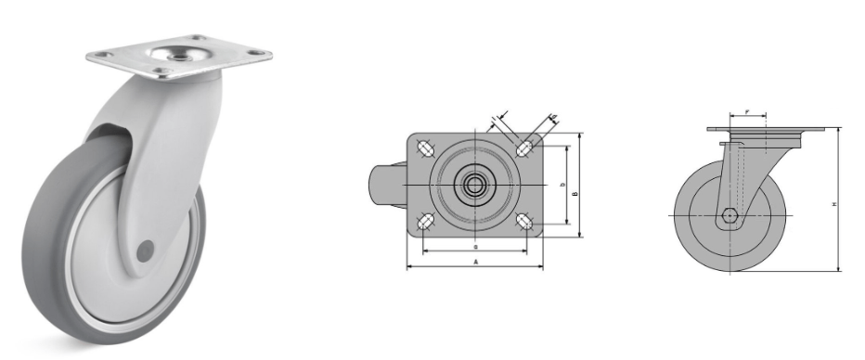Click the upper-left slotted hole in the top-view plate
click(425, 148)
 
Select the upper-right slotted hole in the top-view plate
click(525, 148)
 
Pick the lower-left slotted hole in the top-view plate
click(425, 222)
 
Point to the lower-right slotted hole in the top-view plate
click(525, 222)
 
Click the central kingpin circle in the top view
click(474, 185)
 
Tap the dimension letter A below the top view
click(475, 263)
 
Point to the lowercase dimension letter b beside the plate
click(562, 186)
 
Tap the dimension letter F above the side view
click(747, 112)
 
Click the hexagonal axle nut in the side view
click(730, 218)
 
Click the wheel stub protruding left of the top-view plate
click(383, 185)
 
